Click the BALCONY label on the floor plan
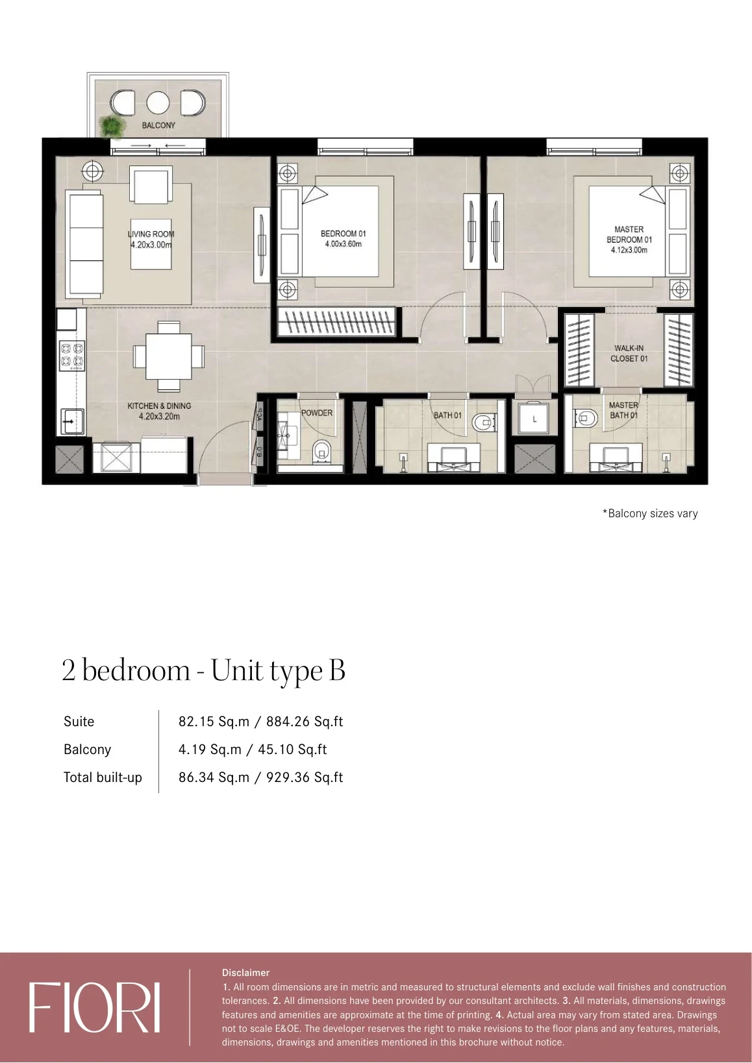pos(158,125)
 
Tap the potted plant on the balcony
pos(112,127)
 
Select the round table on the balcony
pos(158,103)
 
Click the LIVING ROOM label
pos(151,234)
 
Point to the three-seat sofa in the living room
pos(84,245)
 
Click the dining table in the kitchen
pos(169,356)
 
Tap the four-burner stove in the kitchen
pos(72,356)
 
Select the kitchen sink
pos(71,421)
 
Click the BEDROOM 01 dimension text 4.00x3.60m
pos(344,245)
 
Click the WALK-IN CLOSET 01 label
pos(629,354)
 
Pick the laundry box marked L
pos(534,419)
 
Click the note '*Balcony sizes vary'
pos(650,513)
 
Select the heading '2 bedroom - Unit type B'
pos(204,671)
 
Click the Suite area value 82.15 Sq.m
pos(214,722)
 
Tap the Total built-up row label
pos(103,777)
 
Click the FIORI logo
pos(94,1007)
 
